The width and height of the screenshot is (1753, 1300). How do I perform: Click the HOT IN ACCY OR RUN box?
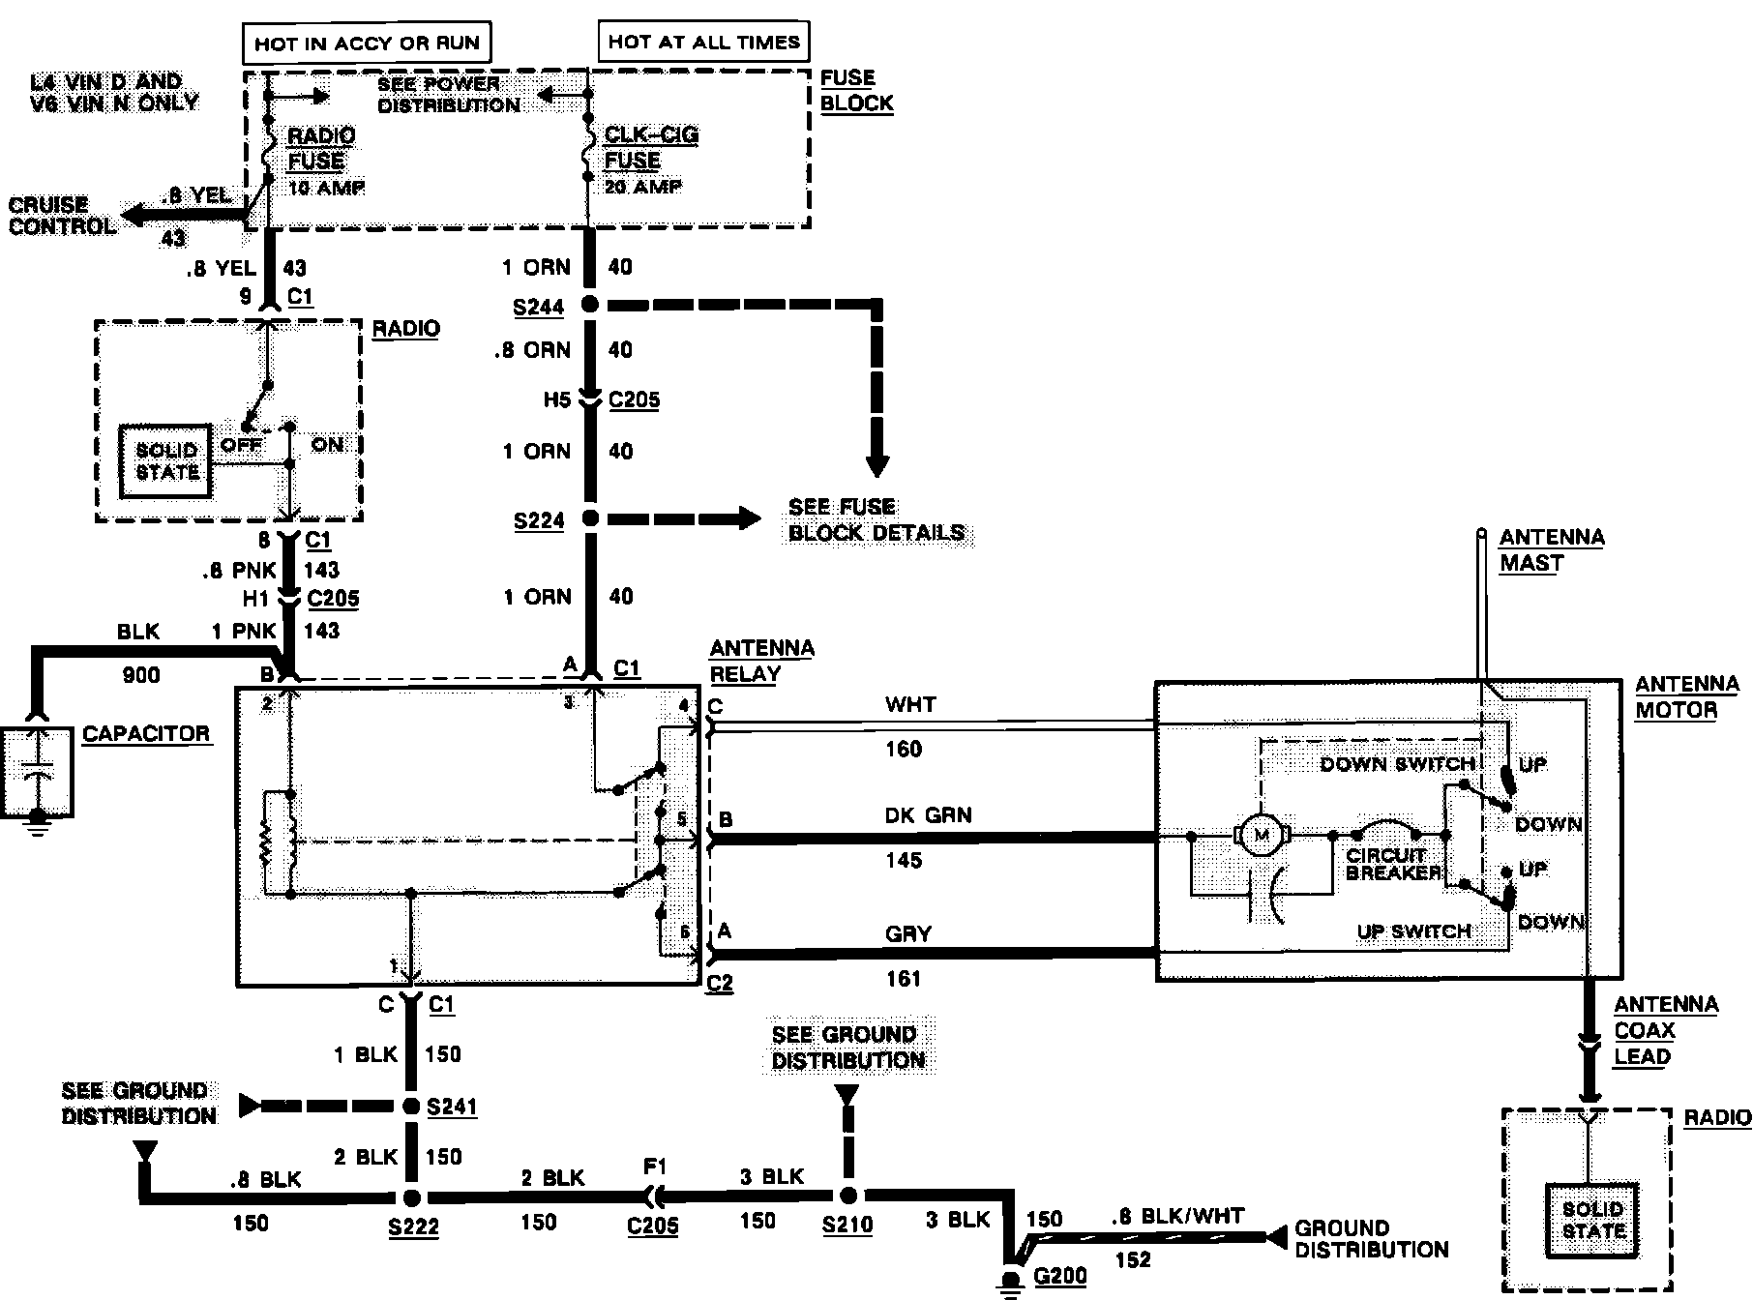[x=367, y=44]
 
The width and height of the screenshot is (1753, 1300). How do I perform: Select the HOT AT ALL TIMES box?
[x=703, y=42]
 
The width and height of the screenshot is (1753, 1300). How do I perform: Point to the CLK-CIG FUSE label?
[x=650, y=147]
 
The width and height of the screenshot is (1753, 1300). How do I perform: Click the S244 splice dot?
[x=589, y=306]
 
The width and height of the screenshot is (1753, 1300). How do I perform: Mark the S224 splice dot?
[x=589, y=519]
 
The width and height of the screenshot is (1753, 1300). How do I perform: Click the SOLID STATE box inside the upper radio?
[x=165, y=461]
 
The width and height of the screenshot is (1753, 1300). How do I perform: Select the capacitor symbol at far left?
[x=37, y=774]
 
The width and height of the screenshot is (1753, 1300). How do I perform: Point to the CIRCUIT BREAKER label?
[x=1392, y=864]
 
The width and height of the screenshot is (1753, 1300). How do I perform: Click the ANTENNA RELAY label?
[x=762, y=661]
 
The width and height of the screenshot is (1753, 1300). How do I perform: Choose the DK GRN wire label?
[x=928, y=815]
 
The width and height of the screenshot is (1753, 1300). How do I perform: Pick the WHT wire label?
[x=910, y=705]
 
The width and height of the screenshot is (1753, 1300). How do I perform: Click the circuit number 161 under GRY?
[x=904, y=979]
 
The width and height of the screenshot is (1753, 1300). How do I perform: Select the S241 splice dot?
[x=411, y=1107]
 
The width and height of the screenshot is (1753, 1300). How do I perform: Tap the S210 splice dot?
[x=847, y=1196]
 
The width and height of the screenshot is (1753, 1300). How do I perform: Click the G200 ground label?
[x=1060, y=1277]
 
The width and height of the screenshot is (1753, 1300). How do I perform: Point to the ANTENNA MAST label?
[x=1552, y=550]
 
